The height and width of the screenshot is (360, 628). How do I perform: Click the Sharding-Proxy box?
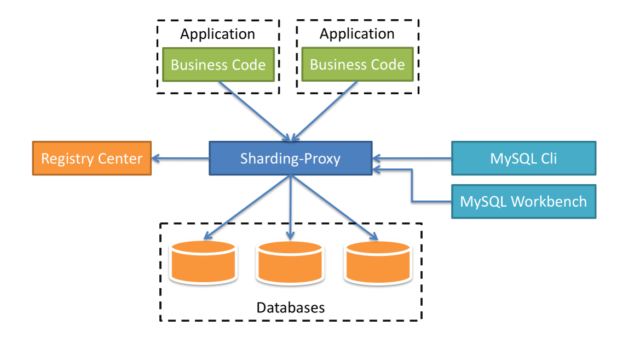click(290, 158)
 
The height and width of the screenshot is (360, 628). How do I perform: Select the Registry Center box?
click(92, 158)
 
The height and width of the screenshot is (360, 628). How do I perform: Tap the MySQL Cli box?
click(523, 158)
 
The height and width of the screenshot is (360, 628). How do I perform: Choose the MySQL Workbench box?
click(523, 201)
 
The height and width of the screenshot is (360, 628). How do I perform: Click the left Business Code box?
click(218, 65)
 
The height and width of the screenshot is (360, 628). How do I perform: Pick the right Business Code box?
click(358, 64)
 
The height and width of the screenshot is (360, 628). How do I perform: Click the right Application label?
click(357, 34)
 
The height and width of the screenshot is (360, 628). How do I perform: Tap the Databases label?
click(290, 307)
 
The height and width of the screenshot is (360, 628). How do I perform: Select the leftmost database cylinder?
click(203, 262)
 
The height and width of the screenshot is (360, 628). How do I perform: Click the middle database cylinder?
click(290, 262)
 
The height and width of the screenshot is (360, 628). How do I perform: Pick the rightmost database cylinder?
click(378, 262)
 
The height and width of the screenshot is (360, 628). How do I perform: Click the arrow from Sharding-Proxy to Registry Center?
click(181, 159)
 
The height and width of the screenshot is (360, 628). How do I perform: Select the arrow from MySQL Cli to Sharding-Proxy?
click(412, 159)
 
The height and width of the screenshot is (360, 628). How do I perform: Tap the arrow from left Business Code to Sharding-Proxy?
click(254, 111)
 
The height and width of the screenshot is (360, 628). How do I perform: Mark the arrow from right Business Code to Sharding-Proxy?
click(325, 111)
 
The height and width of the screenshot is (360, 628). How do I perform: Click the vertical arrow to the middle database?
click(291, 208)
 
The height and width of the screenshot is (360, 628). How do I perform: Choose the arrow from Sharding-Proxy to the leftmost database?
click(247, 207)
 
